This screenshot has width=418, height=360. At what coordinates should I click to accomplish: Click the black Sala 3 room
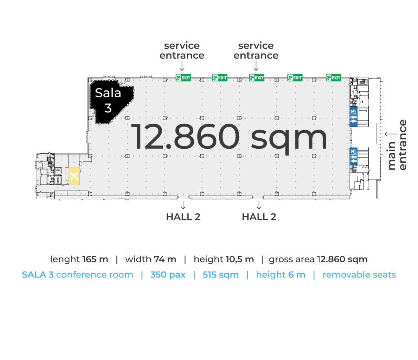tap(111, 101)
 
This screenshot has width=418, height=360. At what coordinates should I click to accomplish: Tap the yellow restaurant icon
tap(74, 176)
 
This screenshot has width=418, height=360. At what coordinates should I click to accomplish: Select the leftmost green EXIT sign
tap(183, 78)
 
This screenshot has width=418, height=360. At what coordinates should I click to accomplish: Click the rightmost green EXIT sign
tap(333, 78)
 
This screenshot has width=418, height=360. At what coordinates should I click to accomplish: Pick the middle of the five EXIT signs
tap(256, 78)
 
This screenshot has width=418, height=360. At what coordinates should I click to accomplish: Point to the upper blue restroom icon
tap(353, 116)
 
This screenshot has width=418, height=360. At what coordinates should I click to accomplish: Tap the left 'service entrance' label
tap(182, 50)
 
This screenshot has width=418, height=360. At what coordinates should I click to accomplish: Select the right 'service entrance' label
tap(256, 50)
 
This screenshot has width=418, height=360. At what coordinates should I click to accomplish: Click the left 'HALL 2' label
tap(183, 217)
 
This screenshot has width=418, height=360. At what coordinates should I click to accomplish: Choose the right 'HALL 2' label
tap(259, 217)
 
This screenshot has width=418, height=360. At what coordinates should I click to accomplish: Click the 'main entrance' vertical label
tap(397, 145)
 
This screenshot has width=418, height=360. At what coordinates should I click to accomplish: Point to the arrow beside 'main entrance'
tap(391, 134)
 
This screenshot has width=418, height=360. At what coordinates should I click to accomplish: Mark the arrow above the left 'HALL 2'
tap(183, 205)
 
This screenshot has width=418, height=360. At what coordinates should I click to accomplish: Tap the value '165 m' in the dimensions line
tap(95, 259)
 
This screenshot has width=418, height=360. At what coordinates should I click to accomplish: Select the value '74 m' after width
tap(165, 259)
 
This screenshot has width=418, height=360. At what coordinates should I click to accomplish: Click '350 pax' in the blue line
tap(168, 275)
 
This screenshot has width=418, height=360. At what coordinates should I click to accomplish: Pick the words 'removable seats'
tap(359, 275)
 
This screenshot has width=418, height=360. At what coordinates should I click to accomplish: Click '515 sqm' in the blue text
tap(220, 275)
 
